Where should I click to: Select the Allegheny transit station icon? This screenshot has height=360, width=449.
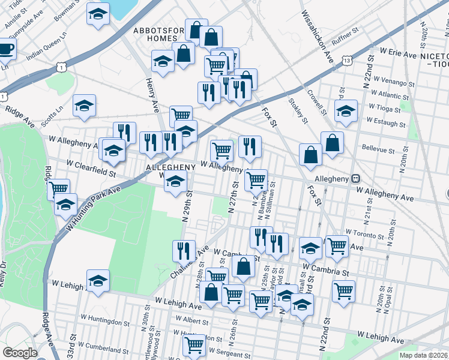[355, 178]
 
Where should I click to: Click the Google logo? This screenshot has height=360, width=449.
[20, 353]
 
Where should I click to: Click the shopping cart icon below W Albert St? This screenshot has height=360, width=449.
[194, 346]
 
